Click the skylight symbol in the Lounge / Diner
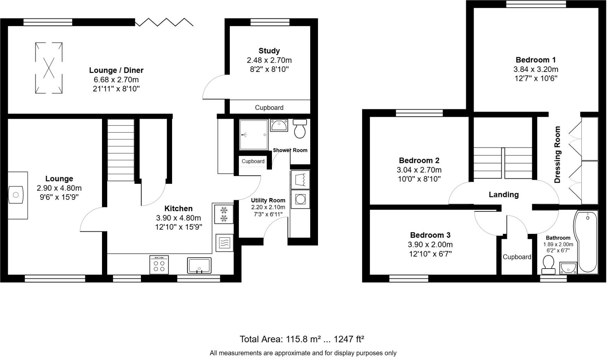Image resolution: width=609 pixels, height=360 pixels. (49, 68)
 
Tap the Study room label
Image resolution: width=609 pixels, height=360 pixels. (269, 51)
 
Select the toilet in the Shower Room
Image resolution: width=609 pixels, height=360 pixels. (300, 129)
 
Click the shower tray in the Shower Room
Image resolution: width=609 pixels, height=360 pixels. (254, 135)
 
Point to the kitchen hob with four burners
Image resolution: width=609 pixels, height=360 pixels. (159, 265)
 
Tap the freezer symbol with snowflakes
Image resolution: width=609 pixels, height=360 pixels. (223, 214)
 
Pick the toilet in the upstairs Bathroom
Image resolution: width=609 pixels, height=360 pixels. (548, 265)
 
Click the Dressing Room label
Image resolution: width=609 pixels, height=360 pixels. (558, 154)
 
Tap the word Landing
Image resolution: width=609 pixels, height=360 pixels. (503, 195)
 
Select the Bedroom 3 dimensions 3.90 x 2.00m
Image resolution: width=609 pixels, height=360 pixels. (430, 244)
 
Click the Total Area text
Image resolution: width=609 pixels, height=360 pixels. (302, 339)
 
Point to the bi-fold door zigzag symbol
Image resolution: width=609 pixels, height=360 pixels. (164, 23)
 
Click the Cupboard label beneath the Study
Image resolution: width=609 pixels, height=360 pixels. (269, 107)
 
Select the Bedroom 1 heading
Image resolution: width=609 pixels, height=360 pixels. (535, 60)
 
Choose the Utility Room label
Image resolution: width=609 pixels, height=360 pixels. (268, 200)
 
